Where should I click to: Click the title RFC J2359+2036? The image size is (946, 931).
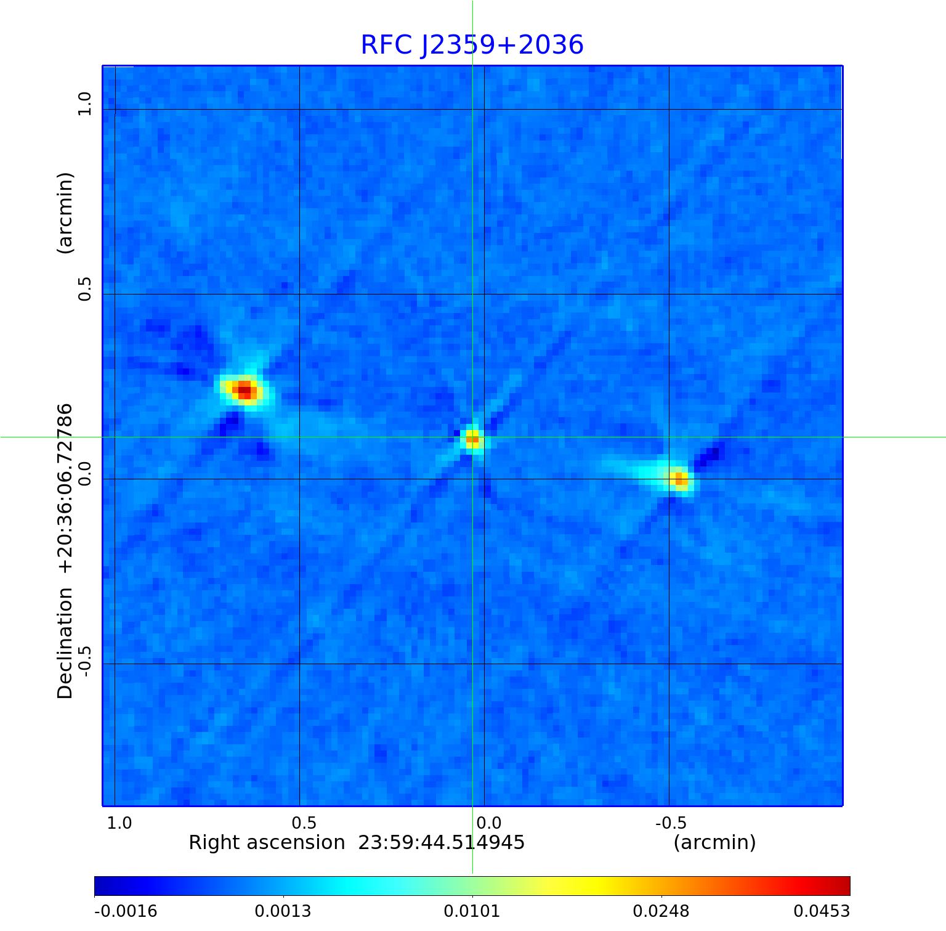point(472,45)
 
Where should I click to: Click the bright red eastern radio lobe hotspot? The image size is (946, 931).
point(245,389)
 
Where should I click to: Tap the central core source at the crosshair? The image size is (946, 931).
point(472,438)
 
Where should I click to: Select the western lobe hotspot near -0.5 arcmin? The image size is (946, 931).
point(679,478)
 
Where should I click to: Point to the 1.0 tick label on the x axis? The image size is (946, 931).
point(119,823)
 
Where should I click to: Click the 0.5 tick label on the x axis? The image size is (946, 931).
point(304,823)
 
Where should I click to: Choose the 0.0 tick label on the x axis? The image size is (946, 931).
point(488,823)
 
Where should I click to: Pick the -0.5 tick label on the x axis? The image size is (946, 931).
point(671,823)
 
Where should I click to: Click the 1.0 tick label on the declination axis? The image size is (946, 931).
point(84,103)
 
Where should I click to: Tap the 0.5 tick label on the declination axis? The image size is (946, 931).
point(84,289)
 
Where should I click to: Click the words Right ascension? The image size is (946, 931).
point(267,842)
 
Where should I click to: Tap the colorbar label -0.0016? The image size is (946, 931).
point(126,911)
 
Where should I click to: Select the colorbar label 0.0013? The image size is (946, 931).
point(283,911)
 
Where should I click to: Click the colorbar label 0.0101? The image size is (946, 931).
point(472,911)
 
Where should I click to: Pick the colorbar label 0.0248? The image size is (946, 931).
point(661,911)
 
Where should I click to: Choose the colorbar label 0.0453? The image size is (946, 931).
point(821,911)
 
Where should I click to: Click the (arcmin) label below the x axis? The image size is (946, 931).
point(714,842)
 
